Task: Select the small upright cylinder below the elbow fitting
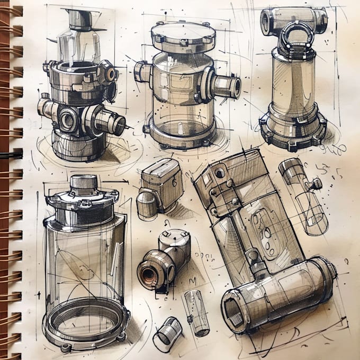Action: coord(196,313)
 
